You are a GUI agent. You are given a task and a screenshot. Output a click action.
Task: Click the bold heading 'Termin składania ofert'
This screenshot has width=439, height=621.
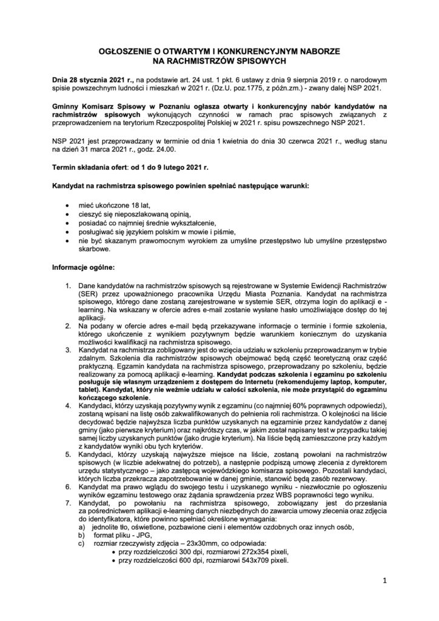pyautogui.click(x=90, y=166)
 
